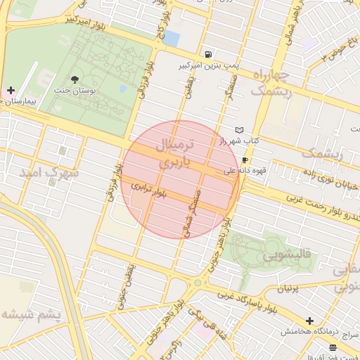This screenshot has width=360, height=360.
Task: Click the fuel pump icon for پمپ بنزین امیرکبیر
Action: (x=208, y=54)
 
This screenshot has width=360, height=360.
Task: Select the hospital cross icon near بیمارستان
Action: (x=10, y=91)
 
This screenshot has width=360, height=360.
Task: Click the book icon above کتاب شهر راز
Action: (x=239, y=131)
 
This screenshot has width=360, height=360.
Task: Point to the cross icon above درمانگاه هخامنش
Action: (x=309, y=321)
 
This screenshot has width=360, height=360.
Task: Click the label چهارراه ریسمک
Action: (x=271, y=83)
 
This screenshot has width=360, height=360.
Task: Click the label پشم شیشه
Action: (x=32, y=313)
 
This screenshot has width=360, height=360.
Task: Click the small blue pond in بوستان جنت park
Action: (x=123, y=89)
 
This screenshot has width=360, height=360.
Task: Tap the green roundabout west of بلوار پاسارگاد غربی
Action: (x=198, y=283)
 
